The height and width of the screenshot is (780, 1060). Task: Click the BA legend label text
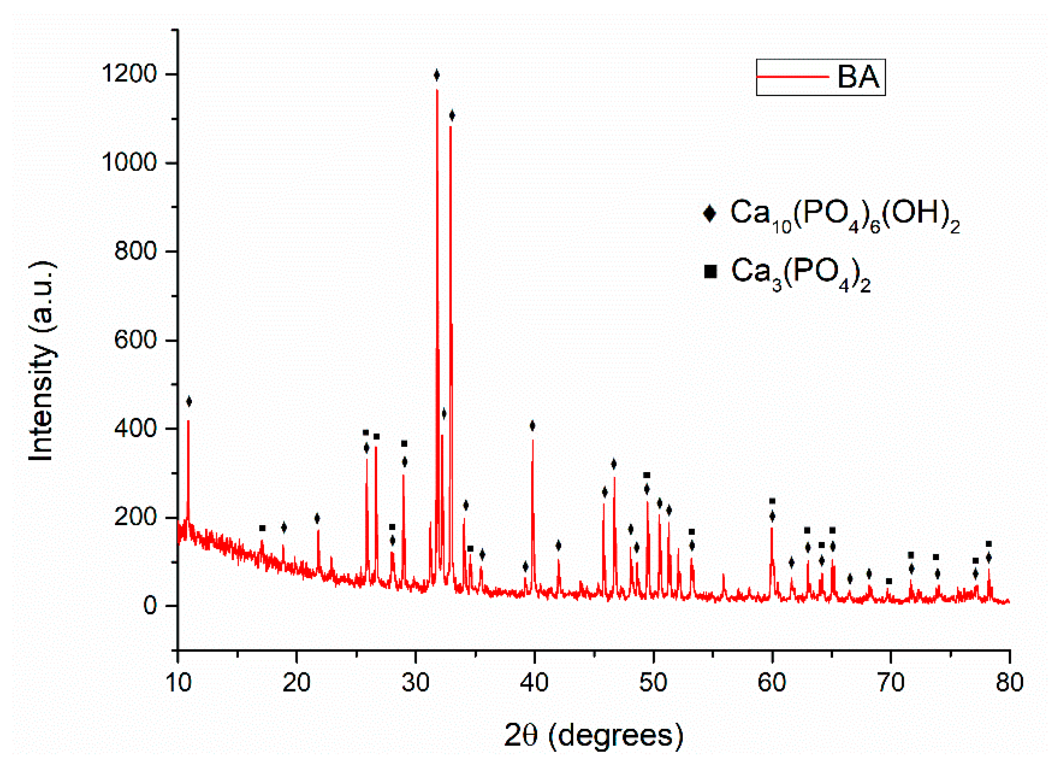point(858,77)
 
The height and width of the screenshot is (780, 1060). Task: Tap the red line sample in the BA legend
point(793,77)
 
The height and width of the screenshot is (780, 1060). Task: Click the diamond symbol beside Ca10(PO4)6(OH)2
point(709,213)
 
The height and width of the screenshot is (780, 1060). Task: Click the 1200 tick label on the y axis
point(129,74)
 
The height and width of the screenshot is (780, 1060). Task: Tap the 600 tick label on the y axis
point(136,340)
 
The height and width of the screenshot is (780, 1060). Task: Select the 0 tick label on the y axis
point(150,606)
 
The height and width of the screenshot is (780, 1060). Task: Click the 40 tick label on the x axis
point(534,683)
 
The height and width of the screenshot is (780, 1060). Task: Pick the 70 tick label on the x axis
point(891,683)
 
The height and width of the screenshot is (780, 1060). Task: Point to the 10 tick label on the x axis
point(178,683)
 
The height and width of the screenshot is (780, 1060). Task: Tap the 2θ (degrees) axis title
point(593,735)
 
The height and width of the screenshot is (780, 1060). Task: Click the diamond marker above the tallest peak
point(436,75)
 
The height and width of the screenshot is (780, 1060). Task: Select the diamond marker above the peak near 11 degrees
point(189,402)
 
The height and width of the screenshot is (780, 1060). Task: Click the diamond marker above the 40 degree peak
point(532,426)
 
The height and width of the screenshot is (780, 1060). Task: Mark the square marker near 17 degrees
point(262,528)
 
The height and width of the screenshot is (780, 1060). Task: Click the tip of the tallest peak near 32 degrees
point(437,90)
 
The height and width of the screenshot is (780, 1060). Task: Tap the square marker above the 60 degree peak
point(772,501)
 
